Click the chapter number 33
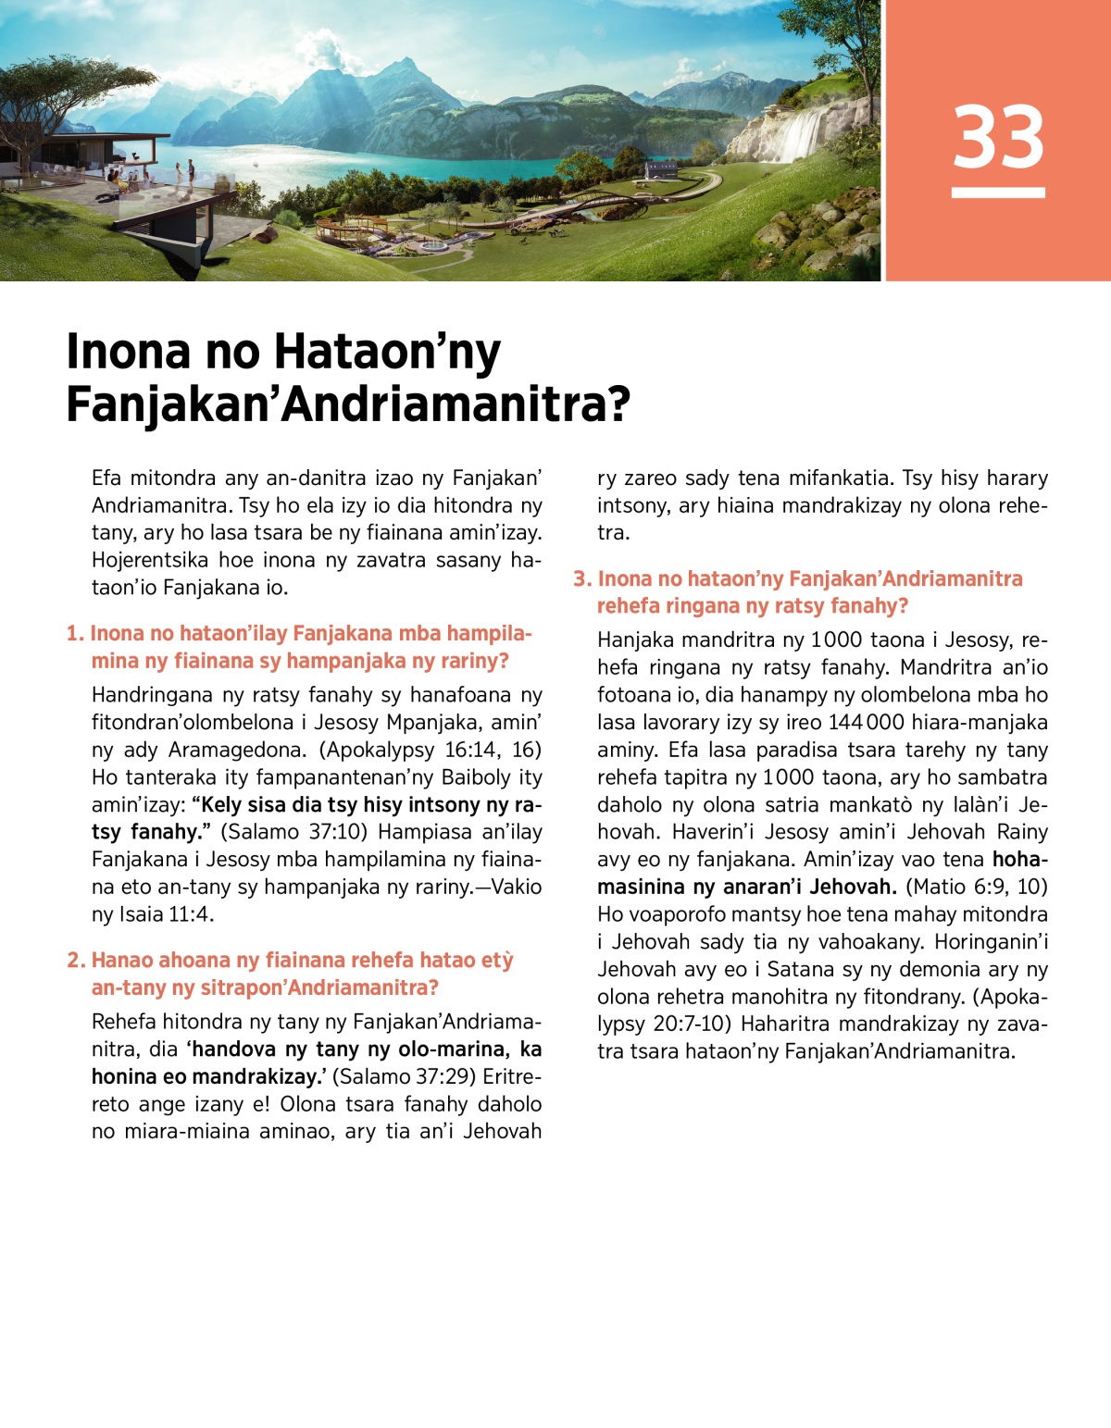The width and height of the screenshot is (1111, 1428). point(998,137)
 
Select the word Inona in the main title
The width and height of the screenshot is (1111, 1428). point(129,353)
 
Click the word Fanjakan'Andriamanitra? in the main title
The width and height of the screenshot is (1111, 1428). point(348,405)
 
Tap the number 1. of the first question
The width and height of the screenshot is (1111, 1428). point(75,634)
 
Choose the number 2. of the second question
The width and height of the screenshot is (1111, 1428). point(76,961)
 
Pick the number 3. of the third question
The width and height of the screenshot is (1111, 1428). point(582,579)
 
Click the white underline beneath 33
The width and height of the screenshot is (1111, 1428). point(998,192)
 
